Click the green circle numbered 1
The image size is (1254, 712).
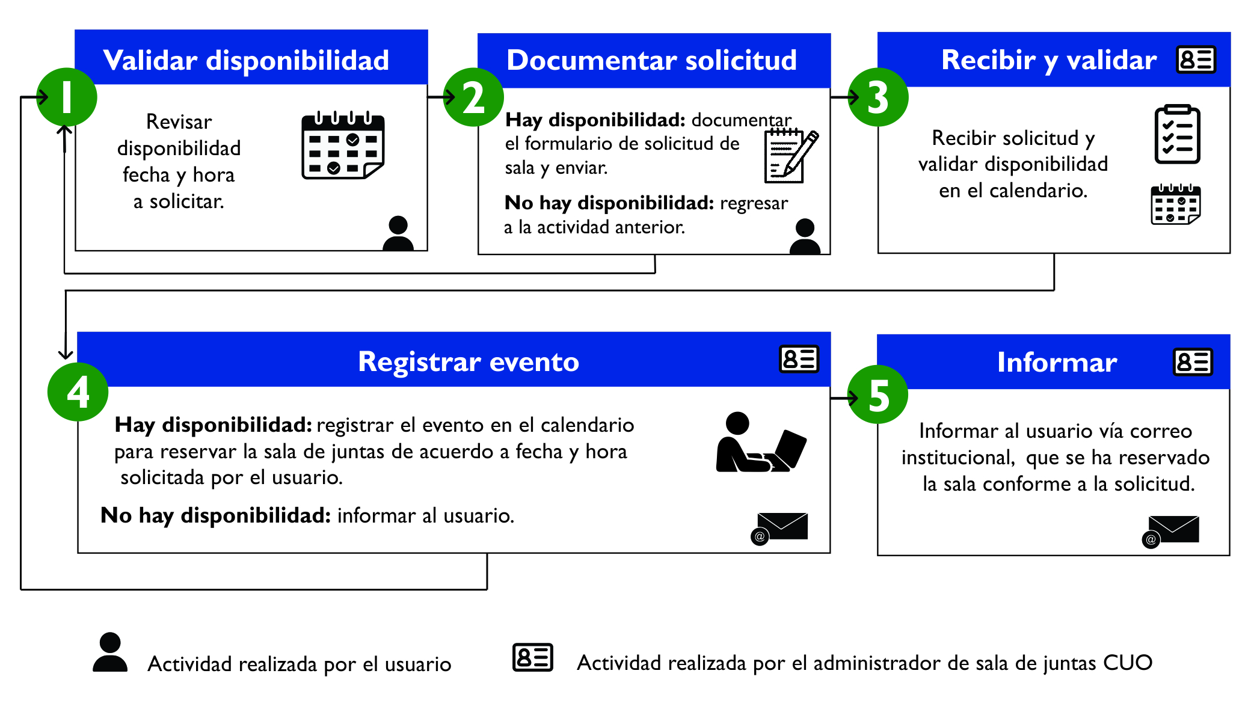(67, 97)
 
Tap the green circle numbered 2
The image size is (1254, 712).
(473, 97)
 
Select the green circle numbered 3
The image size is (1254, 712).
(878, 97)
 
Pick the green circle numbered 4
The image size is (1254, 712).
(78, 392)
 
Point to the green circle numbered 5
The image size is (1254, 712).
(878, 395)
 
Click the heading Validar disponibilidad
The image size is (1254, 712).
(246, 60)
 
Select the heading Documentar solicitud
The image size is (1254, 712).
(651, 60)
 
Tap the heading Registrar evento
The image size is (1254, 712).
(468, 361)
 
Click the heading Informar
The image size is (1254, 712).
(1057, 362)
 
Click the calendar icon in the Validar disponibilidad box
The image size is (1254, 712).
(343, 146)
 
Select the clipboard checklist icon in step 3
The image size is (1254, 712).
(1177, 134)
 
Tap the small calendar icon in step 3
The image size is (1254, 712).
(1175, 204)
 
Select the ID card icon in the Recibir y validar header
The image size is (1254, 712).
(1196, 60)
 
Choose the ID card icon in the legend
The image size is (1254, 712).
(532, 657)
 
